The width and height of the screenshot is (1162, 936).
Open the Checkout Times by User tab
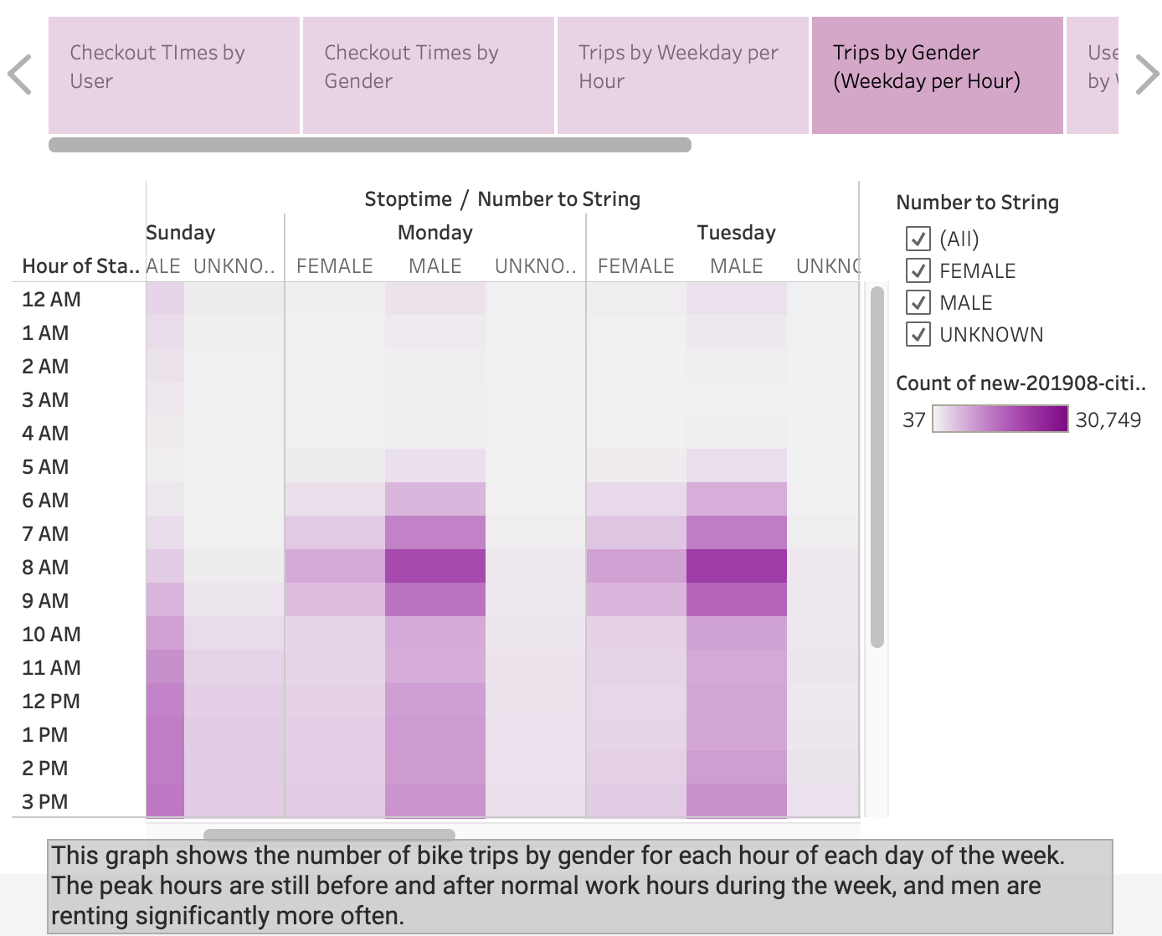(173, 75)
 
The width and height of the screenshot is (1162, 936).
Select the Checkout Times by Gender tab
(428, 75)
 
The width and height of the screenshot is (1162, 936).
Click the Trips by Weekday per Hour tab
(682, 75)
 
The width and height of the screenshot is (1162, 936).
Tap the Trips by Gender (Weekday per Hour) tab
(937, 75)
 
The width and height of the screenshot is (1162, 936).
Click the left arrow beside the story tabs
(20, 75)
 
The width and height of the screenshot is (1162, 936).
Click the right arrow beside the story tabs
(1146, 75)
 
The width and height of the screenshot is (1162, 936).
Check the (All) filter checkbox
(918, 239)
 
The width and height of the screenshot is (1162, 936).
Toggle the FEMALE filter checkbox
(918, 271)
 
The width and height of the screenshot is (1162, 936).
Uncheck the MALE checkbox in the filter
(918, 303)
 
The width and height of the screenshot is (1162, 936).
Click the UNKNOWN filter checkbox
(918, 335)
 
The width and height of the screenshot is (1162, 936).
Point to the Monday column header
(434, 233)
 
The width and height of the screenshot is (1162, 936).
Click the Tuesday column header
(736, 233)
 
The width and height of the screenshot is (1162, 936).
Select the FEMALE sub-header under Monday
(334, 266)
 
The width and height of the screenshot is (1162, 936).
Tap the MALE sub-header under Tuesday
(736, 266)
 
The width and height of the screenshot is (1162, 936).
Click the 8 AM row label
(45, 568)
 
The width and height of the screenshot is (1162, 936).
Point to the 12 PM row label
(50, 702)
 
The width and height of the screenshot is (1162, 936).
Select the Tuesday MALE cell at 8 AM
(736, 567)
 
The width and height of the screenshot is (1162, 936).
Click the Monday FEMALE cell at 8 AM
(334, 567)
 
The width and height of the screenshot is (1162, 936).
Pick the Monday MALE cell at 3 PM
(434, 800)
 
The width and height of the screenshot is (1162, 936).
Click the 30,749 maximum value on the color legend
(1108, 419)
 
